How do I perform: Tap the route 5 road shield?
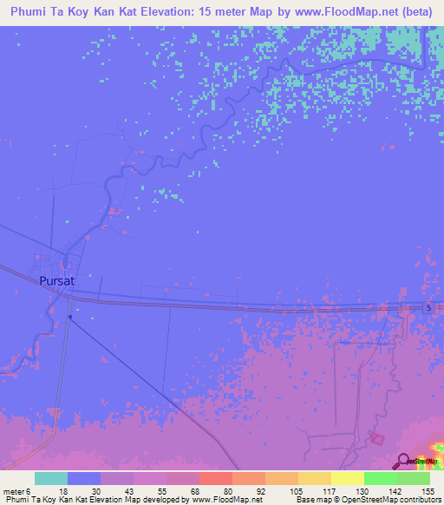[x=429, y=309]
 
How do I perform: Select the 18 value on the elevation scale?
[x=63, y=490]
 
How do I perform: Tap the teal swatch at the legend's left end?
[x=51, y=478]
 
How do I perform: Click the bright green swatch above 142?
[x=381, y=478]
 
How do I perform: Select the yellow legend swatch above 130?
[x=348, y=478]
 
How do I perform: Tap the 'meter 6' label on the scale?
[x=18, y=490]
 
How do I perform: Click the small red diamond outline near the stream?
[x=377, y=437]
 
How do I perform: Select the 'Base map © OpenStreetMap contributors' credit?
[x=366, y=501]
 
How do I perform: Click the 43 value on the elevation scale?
[x=130, y=490]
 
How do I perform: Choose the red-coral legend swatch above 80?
[x=216, y=478]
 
